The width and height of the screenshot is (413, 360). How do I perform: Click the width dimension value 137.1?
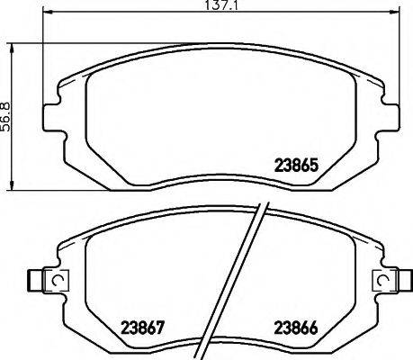pyautogui.click(x=223, y=5)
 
